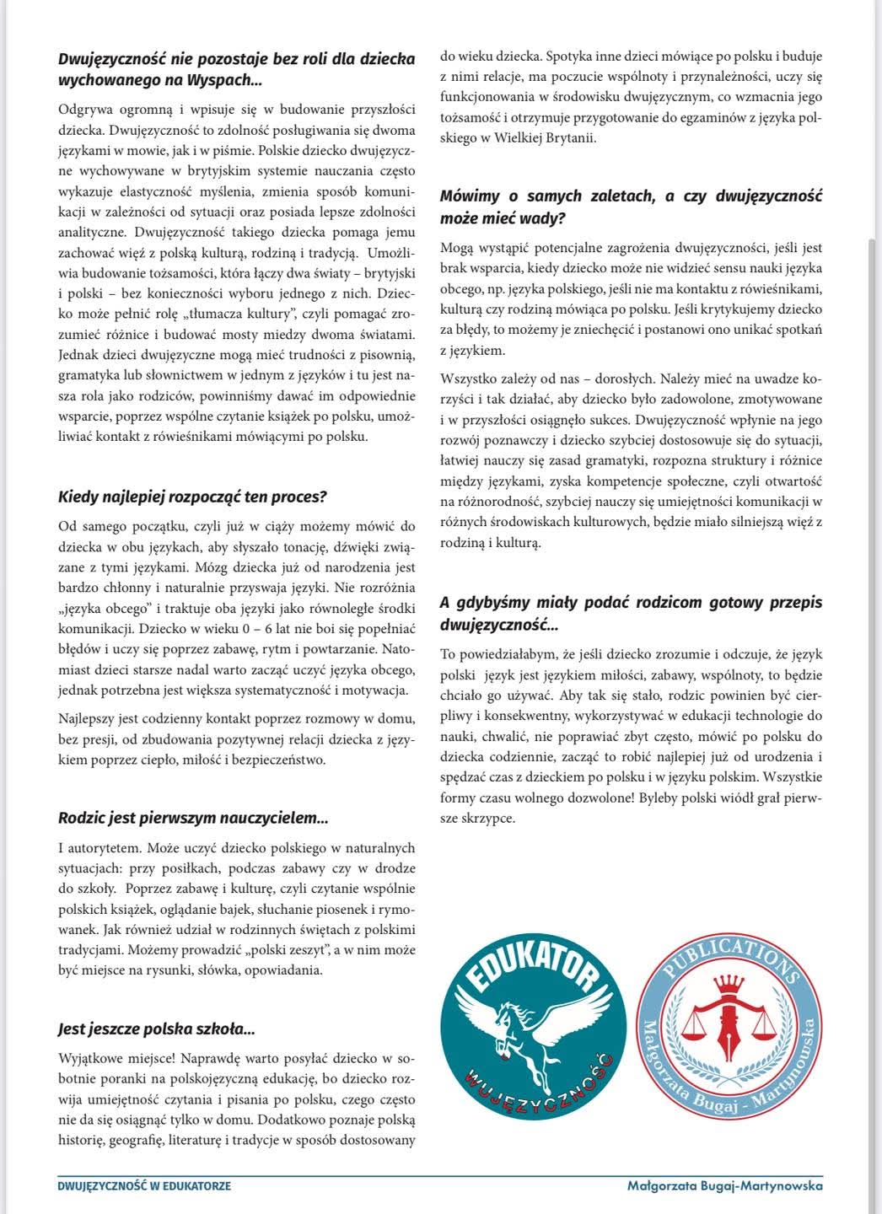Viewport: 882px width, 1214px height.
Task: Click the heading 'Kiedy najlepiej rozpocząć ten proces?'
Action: click(x=192, y=497)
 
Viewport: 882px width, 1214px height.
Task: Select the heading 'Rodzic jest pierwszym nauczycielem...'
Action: click(x=193, y=818)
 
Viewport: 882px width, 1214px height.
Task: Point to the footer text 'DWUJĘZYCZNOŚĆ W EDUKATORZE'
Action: click(x=144, y=1185)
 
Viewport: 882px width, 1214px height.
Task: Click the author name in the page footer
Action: click(x=725, y=1185)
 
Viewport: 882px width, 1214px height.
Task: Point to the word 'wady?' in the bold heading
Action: click(x=544, y=218)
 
